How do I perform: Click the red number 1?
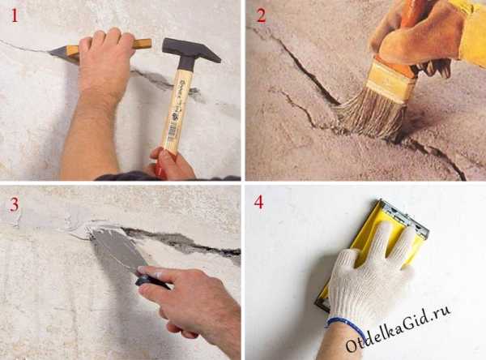coord(15,15)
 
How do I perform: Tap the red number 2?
coord(262,16)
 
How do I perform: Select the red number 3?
coord(15,204)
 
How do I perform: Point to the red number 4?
coord(259,202)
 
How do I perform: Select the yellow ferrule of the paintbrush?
coord(391,79)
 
